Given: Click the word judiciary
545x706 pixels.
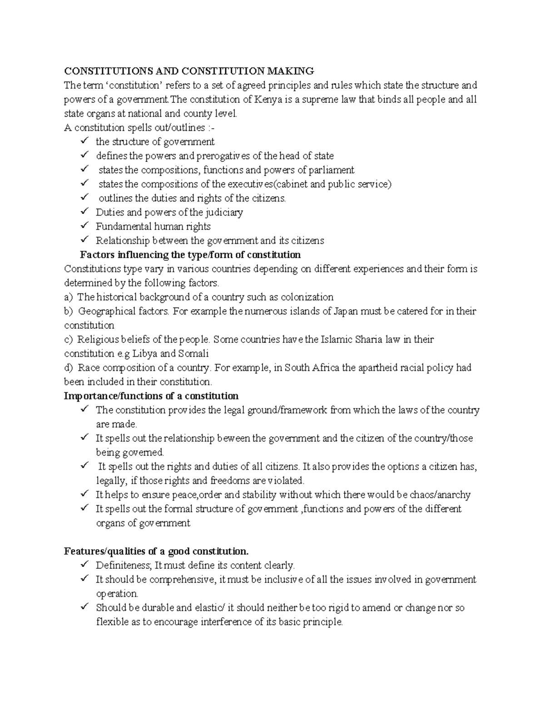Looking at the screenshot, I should [223, 212].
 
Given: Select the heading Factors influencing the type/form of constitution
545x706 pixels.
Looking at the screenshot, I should [190, 255].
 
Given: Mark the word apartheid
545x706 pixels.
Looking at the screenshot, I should [377, 368].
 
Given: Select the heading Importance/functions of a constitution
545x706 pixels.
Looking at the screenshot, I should [151, 396].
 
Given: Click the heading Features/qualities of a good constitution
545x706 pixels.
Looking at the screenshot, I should [156, 551].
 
